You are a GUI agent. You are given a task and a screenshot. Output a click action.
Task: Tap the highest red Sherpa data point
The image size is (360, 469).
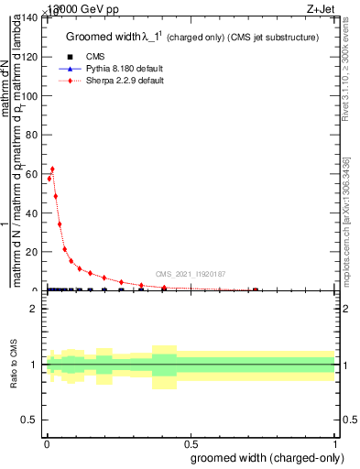click(x=52, y=169)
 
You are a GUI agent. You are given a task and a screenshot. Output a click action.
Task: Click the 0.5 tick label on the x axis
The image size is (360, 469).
click(x=190, y=444)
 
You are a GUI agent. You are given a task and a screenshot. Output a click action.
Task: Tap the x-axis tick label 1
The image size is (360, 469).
click(x=335, y=444)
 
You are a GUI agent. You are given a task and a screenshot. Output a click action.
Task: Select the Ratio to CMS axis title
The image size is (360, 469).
click(x=15, y=365)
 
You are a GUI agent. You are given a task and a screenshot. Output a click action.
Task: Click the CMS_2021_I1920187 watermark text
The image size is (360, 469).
click(x=190, y=274)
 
